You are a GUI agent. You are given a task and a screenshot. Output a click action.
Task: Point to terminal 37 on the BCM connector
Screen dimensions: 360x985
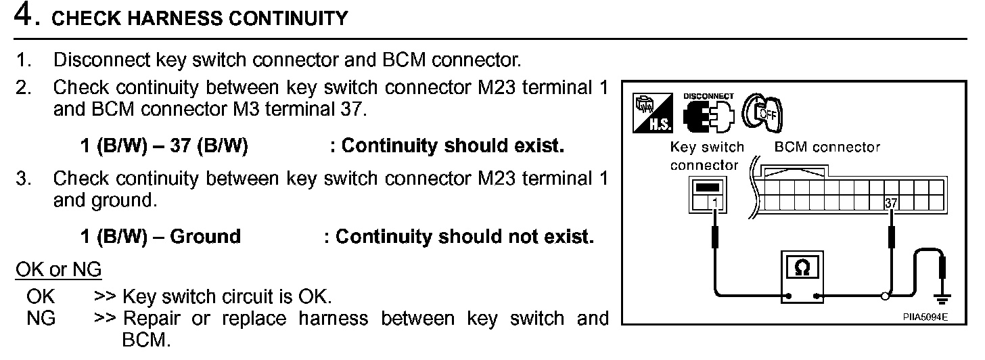tap(890, 202)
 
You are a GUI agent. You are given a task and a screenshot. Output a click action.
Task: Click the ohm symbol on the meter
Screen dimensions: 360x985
tap(802, 268)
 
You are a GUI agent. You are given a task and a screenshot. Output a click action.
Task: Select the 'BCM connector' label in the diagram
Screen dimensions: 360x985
tap(827, 147)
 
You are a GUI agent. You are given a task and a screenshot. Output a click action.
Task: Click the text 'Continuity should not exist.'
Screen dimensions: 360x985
tap(464, 236)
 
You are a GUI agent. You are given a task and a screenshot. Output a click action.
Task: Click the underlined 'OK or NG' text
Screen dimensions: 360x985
tap(58, 270)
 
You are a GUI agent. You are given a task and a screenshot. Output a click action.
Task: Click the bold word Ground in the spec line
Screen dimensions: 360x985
tap(205, 236)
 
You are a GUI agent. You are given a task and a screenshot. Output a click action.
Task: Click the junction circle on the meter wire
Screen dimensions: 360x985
tap(884, 296)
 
